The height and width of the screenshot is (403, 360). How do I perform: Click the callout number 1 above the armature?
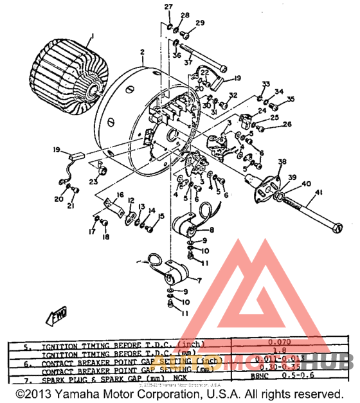point(92,37)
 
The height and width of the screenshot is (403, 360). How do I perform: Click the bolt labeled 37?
point(199,51)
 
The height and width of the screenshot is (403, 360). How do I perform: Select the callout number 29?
point(199,22)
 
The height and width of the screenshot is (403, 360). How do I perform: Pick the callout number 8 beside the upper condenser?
point(212,229)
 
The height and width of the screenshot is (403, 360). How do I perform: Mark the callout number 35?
point(291,99)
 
